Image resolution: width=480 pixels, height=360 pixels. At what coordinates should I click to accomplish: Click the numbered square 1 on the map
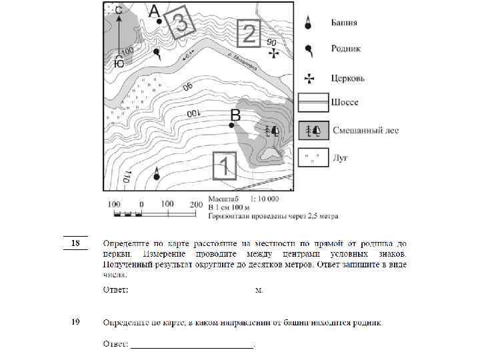[225, 165]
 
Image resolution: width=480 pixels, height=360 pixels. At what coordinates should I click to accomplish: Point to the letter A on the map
[154, 11]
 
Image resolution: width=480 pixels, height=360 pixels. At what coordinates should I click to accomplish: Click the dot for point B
[231, 125]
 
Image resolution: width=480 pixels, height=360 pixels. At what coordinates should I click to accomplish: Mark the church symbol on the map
[271, 53]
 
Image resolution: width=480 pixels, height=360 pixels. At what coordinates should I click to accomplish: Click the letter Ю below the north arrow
[119, 64]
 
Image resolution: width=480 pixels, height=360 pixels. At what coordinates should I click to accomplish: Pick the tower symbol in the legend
[309, 22]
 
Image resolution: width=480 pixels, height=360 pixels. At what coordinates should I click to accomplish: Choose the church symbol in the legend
[309, 77]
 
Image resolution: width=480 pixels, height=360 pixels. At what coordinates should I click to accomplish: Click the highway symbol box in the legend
[313, 103]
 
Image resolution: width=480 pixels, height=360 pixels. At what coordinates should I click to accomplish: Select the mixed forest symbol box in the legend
[313, 130]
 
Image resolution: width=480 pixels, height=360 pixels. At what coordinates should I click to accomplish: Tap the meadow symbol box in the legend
[313, 157]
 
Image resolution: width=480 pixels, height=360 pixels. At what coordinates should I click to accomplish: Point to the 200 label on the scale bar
[196, 203]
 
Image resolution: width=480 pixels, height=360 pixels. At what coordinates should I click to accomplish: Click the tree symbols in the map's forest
[273, 130]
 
